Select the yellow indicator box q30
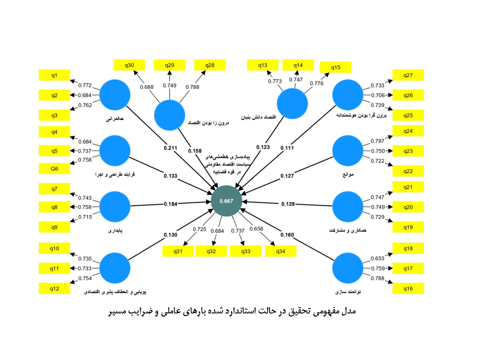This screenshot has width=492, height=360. pos(129,64)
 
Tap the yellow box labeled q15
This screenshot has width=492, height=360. pos(335,67)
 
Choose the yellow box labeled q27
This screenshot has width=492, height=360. pos(408,75)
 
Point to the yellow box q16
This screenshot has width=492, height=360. pos(408,288)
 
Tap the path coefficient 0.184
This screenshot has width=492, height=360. pos(171,203)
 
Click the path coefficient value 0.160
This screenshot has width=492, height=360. pos(287,234)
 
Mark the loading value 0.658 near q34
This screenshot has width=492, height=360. pos(255,229)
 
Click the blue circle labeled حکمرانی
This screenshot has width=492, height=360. pos(115,95)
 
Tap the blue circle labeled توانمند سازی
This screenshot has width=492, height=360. pos(348,268)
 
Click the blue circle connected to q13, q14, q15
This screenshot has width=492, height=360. pos(293,105)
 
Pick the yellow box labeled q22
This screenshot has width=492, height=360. pos(408,171)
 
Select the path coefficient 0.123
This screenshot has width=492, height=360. pos(263,147)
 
